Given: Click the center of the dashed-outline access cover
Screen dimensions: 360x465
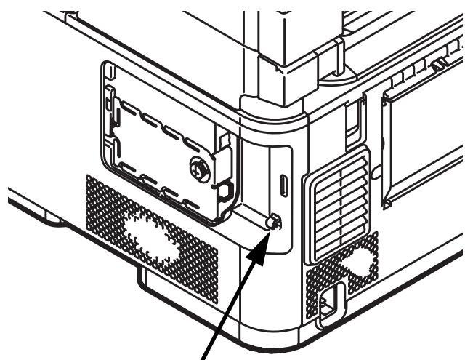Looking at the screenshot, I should [163, 153].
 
